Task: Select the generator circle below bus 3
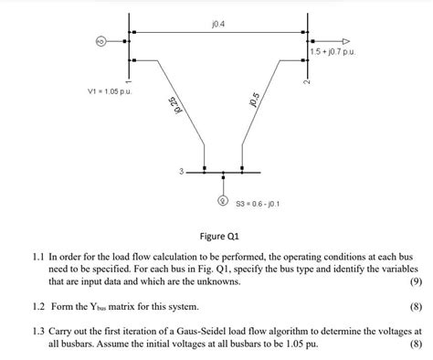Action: point(221,199)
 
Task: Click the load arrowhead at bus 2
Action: point(344,41)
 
